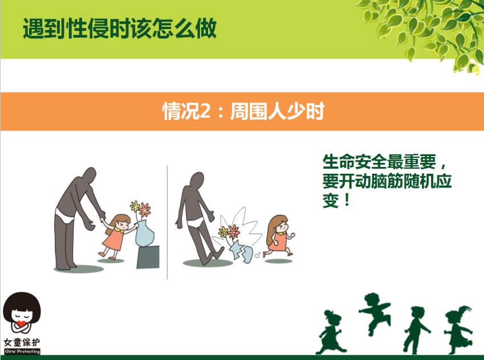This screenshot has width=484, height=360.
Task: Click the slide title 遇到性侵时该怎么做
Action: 120,28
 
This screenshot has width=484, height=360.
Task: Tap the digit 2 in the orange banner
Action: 205,111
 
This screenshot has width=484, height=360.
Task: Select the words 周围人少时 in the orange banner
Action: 277,111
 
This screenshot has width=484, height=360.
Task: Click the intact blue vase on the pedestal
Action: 144,233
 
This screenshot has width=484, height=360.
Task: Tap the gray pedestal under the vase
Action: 148,257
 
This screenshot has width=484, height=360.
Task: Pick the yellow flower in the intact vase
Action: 135,206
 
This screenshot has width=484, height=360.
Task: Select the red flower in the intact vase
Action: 144,210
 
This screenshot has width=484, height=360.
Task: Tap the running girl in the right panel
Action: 279,236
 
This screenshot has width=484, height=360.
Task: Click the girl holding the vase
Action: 117,236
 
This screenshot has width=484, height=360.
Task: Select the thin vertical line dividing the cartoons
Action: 167,222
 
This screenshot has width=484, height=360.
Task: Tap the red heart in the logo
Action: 21,324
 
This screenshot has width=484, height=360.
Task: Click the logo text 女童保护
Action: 22,342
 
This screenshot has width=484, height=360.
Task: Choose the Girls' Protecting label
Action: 22,351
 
